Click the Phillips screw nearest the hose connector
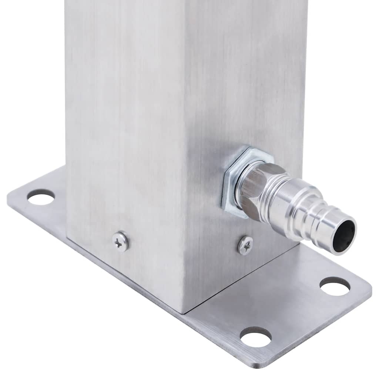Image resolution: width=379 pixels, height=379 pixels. pos(245,245)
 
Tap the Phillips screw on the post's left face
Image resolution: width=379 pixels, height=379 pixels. pos(121,242)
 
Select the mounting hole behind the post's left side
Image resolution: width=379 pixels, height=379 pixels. pos(41,197)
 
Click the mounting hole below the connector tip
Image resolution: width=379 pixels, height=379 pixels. pos(335,286)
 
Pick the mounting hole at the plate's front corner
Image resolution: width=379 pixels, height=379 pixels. pos(255,336)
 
